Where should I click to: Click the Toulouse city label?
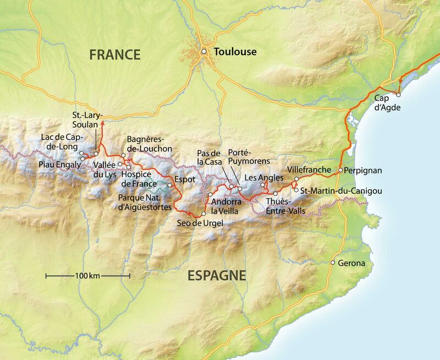235,52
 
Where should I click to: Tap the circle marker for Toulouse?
204,52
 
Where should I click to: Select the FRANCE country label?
115,54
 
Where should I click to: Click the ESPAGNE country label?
217,276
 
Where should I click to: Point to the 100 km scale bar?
87,275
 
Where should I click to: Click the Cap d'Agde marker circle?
398,94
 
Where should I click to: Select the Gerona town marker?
333,263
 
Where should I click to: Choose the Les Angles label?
264,177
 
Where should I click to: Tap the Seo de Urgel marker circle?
204,214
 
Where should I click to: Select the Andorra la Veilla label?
226,206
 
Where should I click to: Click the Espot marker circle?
170,185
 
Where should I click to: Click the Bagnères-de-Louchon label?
150,144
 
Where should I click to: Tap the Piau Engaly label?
58,164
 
